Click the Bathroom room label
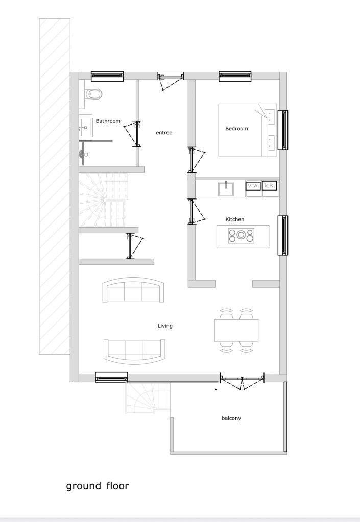[108, 121]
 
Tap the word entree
[164, 133]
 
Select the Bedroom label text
[236, 129]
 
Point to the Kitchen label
[235, 219]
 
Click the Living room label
[165, 326]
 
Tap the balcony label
[231, 418]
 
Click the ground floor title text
[97, 486]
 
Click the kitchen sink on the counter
[226, 189]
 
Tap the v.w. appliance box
[253, 186]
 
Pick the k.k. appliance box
[270, 185]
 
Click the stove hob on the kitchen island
[241, 235]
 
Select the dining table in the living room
[236, 330]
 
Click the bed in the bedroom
[248, 130]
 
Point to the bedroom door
[197, 160]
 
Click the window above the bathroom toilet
[107, 76]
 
